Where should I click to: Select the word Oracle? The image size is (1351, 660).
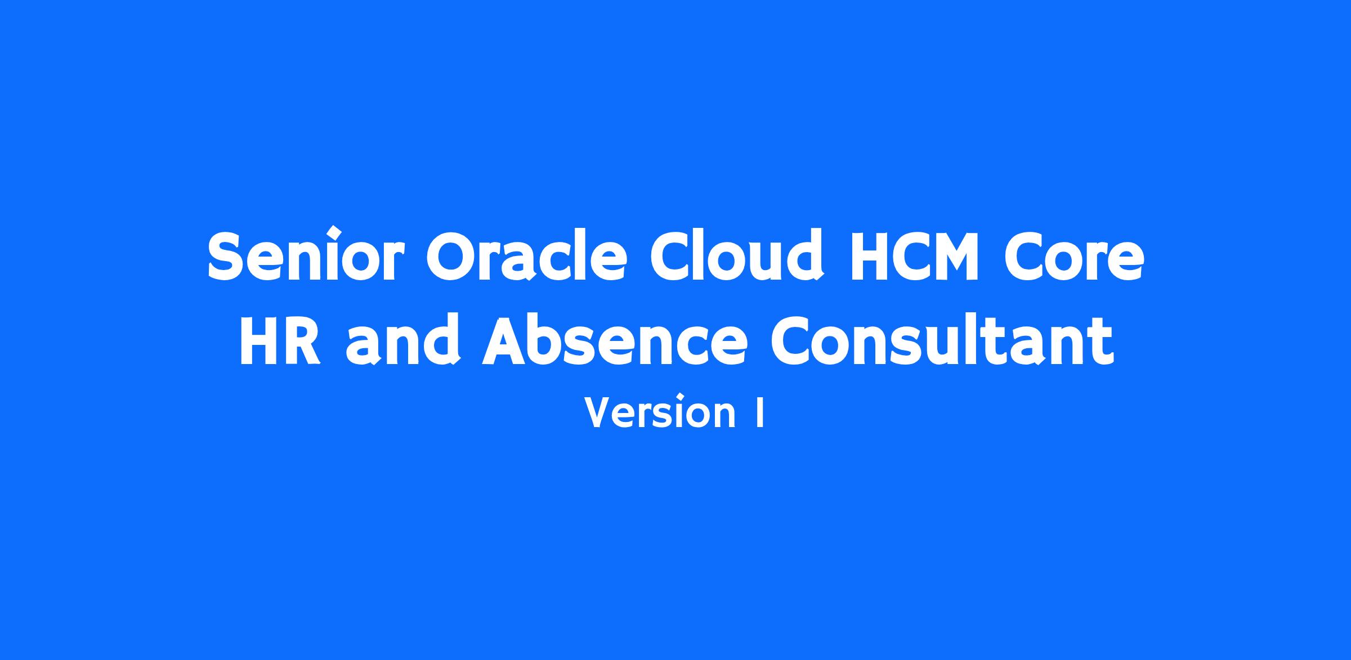526,256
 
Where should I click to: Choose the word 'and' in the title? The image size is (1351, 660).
404,340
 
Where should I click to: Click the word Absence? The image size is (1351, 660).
615,340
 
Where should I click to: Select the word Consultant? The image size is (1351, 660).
942,340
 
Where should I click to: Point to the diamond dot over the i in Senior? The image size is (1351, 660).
335,231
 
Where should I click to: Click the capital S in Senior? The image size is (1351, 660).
229,257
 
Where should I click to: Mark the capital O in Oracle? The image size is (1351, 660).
450,257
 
